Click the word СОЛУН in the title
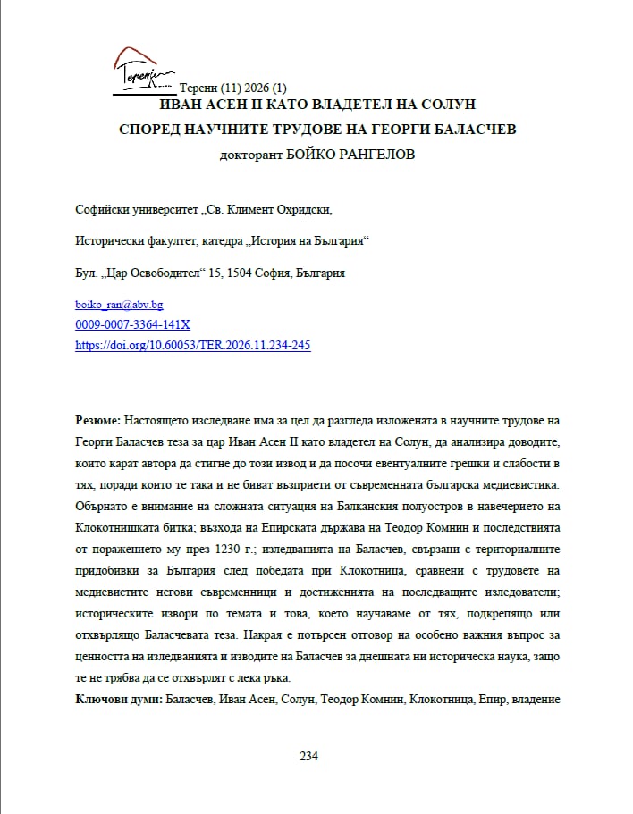click(442, 105)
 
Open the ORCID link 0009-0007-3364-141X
click(132, 324)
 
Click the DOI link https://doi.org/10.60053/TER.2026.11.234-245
click(193, 345)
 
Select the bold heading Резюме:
click(98, 419)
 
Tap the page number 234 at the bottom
click(308, 756)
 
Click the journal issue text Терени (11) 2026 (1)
click(233, 88)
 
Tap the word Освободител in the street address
click(162, 273)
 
